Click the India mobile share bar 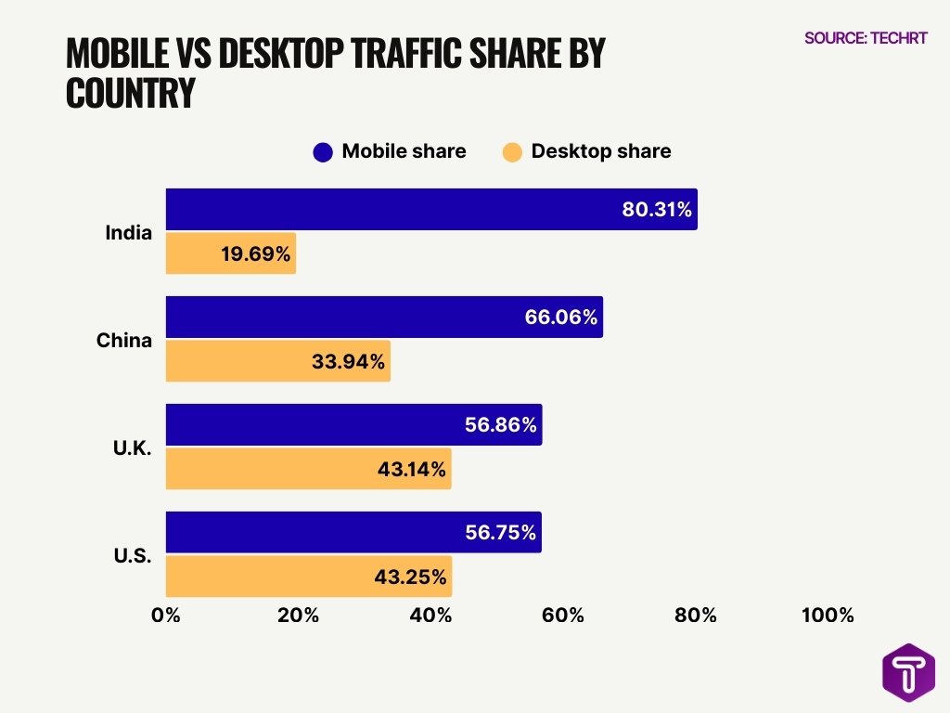(x=431, y=209)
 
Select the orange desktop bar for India (x=230, y=253)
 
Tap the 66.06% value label (x=560, y=318)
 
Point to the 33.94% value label (x=348, y=361)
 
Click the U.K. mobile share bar (x=353, y=425)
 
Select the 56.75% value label (x=501, y=533)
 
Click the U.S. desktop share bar (x=308, y=577)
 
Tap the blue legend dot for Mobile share (x=323, y=152)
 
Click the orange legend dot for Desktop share (x=512, y=152)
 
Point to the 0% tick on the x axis (x=166, y=616)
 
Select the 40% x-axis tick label (x=430, y=616)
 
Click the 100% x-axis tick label (x=828, y=616)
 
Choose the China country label (x=124, y=341)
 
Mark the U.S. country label (x=133, y=556)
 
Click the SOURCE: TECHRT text (x=866, y=38)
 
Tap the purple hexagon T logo (x=908, y=672)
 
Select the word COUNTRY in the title (x=131, y=94)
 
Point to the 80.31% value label (x=656, y=210)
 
